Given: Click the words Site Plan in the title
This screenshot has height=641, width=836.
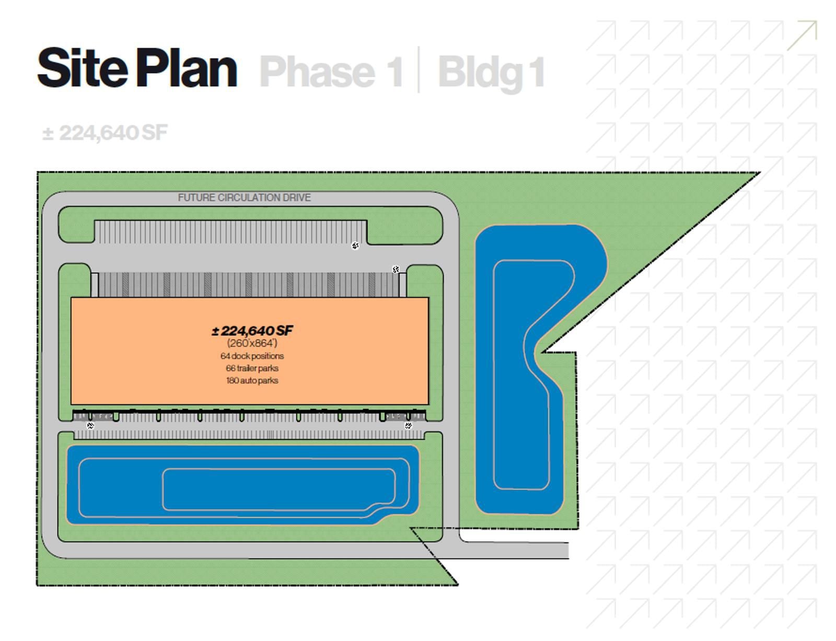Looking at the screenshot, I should (137, 68).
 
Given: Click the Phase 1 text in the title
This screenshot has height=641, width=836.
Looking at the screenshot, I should (331, 72).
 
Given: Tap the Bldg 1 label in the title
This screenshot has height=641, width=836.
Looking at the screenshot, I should (491, 72).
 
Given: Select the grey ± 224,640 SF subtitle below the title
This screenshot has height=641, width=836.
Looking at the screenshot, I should (104, 133).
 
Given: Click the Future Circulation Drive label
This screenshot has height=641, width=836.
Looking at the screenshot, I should (244, 197).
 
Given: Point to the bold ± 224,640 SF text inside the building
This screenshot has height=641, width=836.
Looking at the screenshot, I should (252, 331).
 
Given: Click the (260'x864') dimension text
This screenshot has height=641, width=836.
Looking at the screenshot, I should (252, 343).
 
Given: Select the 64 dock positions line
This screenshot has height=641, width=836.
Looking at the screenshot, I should (252, 356).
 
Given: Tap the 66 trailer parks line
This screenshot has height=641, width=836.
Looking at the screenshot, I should (252, 368).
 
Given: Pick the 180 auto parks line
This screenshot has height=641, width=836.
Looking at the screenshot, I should (252, 380).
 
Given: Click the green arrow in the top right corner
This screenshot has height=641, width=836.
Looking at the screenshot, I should (803, 34).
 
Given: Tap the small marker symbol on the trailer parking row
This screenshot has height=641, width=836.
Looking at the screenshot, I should (355, 246).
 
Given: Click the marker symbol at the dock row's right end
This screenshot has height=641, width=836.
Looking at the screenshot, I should (396, 269).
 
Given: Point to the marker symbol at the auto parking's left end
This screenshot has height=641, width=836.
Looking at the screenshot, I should (90, 426).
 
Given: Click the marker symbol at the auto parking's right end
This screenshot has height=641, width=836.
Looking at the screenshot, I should (409, 426).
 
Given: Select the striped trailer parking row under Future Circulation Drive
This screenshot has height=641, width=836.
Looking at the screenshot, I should (230, 232).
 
